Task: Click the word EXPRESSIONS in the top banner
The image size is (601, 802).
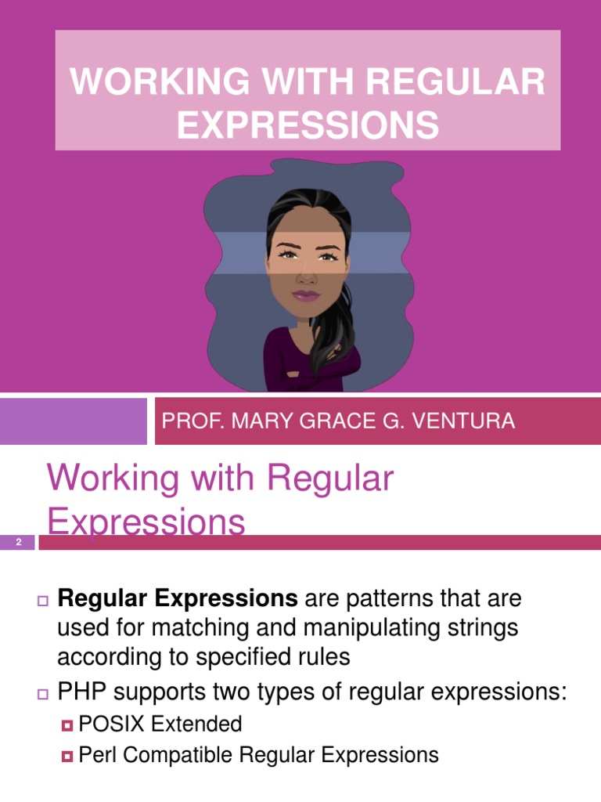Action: (308, 125)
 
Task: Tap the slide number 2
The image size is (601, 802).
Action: (18, 542)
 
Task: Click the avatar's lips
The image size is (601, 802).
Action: (306, 296)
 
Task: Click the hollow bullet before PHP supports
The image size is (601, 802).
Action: (42, 692)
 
